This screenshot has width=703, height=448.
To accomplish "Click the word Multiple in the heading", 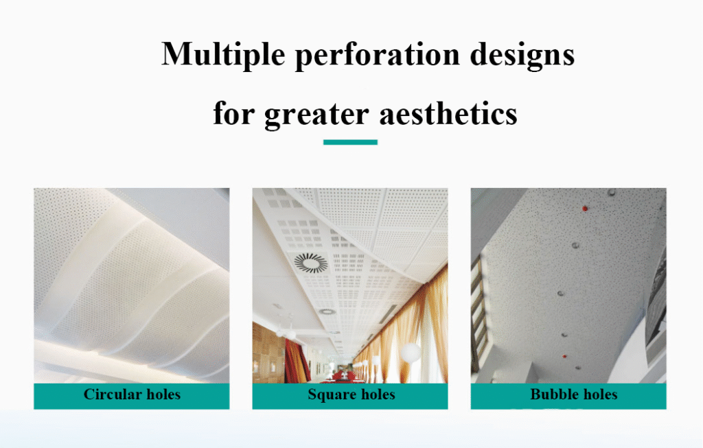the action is click(x=223, y=54).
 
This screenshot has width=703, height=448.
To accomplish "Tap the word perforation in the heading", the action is click(x=378, y=56).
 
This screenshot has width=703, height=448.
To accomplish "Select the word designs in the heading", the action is click(x=522, y=56).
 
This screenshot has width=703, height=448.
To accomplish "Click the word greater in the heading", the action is click(x=316, y=115).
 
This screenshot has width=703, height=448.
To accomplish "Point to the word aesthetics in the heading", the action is click(x=448, y=113).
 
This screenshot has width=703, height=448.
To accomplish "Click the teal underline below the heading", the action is click(x=350, y=142).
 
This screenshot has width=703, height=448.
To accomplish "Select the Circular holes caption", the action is click(x=132, y=394).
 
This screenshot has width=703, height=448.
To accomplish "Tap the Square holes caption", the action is click(x=351, y=394).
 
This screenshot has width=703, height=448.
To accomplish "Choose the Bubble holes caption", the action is click(x=573, y=394).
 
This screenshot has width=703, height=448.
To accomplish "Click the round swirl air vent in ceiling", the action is click(x=311, y=263).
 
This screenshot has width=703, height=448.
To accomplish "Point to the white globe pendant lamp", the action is click(x=411, y=353).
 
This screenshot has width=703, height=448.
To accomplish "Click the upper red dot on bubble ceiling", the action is click(x=585, y=209).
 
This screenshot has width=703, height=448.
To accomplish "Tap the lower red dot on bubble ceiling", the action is click(x=564, y=357).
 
